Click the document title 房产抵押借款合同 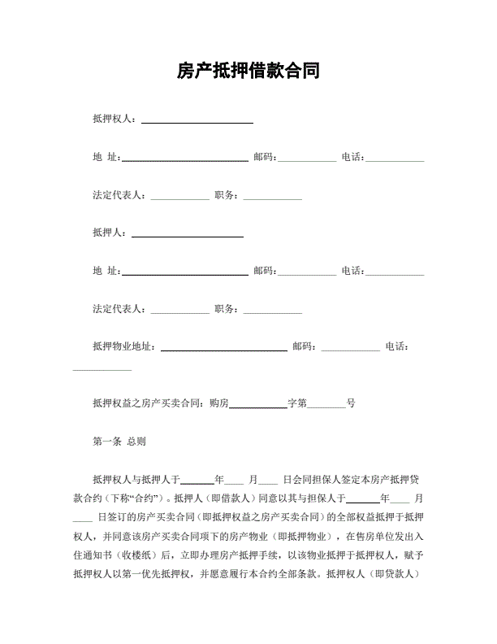[248, 72]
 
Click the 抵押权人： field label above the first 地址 [117, 120]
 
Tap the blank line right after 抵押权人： [197, 121]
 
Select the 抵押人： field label [112, 233]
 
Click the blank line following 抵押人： [187, 234]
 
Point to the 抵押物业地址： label [127, 346]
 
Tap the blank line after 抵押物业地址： [224, 348]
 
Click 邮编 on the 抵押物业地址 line [303, 346]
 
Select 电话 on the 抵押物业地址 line [395, 346]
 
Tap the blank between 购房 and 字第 [259, 404]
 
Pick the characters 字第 [297, 402]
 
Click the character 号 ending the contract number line [351, 402]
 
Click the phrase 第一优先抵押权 [162, 573]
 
